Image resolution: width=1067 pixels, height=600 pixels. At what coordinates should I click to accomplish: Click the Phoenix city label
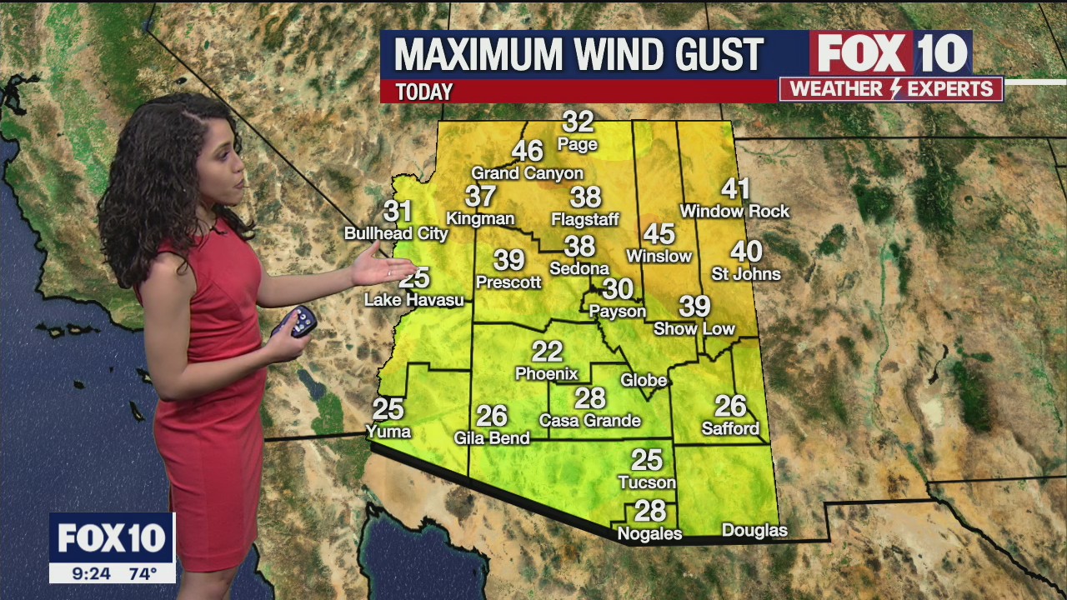(546, 373)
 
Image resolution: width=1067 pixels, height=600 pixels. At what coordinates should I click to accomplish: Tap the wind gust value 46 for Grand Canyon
(527, 151)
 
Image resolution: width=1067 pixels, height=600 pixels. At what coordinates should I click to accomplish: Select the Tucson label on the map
(646, 482)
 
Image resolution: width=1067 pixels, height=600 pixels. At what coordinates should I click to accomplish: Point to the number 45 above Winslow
(659, 234)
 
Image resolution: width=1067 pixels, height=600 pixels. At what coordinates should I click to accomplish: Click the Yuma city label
(388, 431)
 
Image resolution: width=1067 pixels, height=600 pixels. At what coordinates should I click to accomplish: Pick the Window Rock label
(734, 212)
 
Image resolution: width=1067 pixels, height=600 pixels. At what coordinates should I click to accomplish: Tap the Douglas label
(754, 530)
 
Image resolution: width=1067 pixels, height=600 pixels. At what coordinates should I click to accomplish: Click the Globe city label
(644, 380)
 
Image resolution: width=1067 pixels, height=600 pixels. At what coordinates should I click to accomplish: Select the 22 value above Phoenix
(547, 351)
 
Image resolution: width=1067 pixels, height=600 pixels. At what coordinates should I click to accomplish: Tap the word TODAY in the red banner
(424, 92)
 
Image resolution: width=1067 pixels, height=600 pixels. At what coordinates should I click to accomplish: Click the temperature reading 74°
(143, 573)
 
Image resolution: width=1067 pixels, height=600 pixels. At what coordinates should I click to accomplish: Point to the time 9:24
(91, 573)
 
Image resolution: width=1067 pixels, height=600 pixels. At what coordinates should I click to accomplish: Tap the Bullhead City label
(396, 234)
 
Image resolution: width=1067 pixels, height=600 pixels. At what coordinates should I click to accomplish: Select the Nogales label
(649, 534)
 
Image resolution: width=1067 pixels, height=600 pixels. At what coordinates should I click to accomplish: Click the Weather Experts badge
(891, 89)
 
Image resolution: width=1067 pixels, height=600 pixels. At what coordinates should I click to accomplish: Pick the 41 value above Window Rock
(735, 189)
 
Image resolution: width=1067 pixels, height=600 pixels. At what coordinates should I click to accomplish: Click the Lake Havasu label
(413, 300)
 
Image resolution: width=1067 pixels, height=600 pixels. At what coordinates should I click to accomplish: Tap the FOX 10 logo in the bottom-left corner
(112, 538)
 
